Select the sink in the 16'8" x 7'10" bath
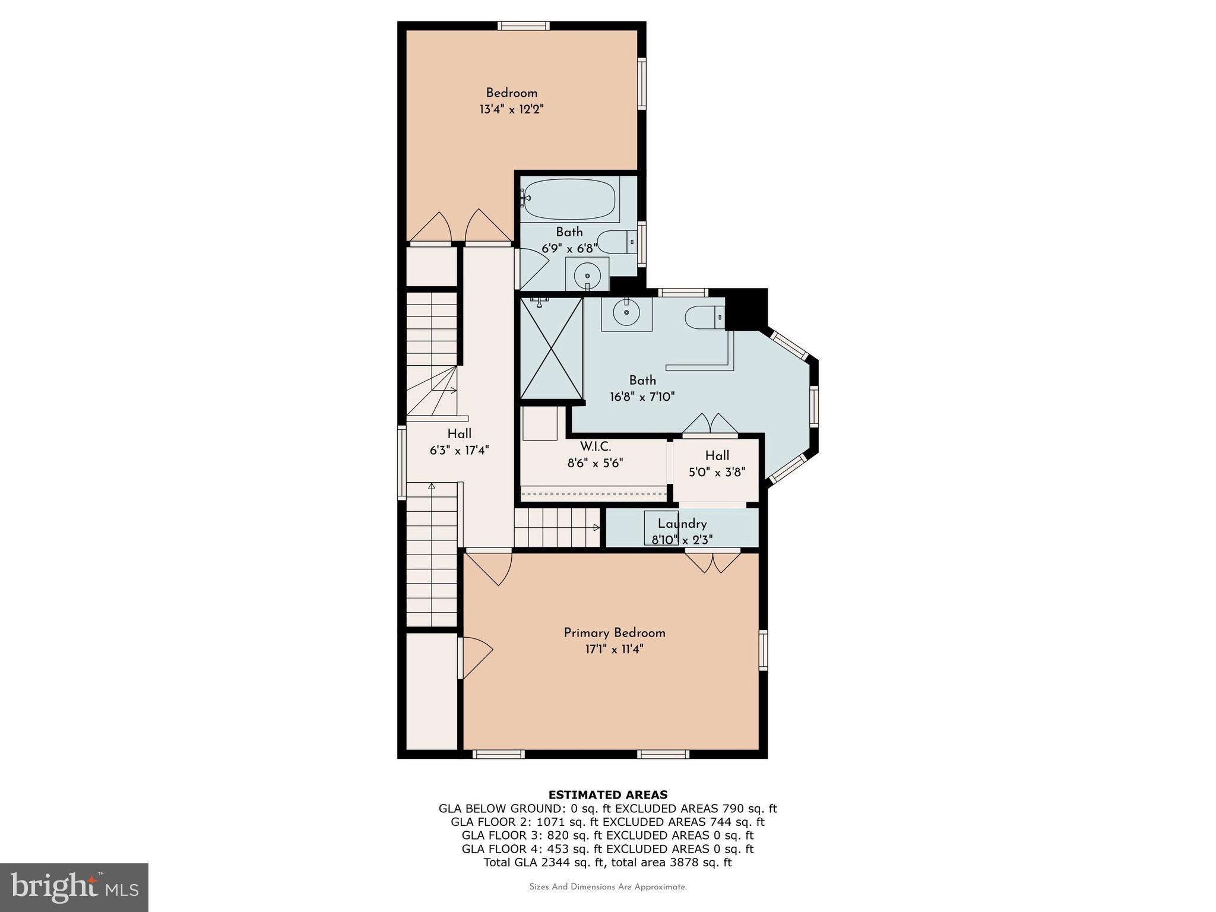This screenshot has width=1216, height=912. click(626, 313)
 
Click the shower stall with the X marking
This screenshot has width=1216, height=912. click(551, 349)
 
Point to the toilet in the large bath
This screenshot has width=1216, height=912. click(705, 318)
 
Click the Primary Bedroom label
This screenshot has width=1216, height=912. click(615, 633)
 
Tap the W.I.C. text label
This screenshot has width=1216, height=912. click(596, 446)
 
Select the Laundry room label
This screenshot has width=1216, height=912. click(682, 524)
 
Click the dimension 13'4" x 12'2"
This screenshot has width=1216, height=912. click(512, 109)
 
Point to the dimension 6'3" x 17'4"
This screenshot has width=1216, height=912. click(459, 450)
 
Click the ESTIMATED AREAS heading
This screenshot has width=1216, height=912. click(607, 794)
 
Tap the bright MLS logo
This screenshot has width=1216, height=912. click(74, 887)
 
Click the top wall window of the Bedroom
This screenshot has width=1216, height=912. click(523, 26)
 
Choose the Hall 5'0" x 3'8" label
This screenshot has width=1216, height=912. click(717, 464)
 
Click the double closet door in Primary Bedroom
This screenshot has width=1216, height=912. click(712, 561)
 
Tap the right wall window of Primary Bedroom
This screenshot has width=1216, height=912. click(763, 650)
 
